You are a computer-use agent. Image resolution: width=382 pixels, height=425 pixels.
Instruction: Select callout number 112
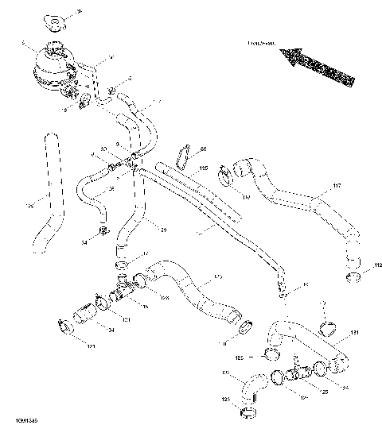click(377, 265)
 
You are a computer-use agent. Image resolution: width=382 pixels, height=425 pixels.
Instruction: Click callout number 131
click(354, 332)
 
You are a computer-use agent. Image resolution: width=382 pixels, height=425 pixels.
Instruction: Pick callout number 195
click(203, 168)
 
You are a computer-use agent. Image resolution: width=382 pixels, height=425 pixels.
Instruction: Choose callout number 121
click(92, 346)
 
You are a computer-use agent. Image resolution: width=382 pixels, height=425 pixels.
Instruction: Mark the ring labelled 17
click(121, 265)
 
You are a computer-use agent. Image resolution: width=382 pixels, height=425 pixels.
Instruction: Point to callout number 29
click(164, 229)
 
